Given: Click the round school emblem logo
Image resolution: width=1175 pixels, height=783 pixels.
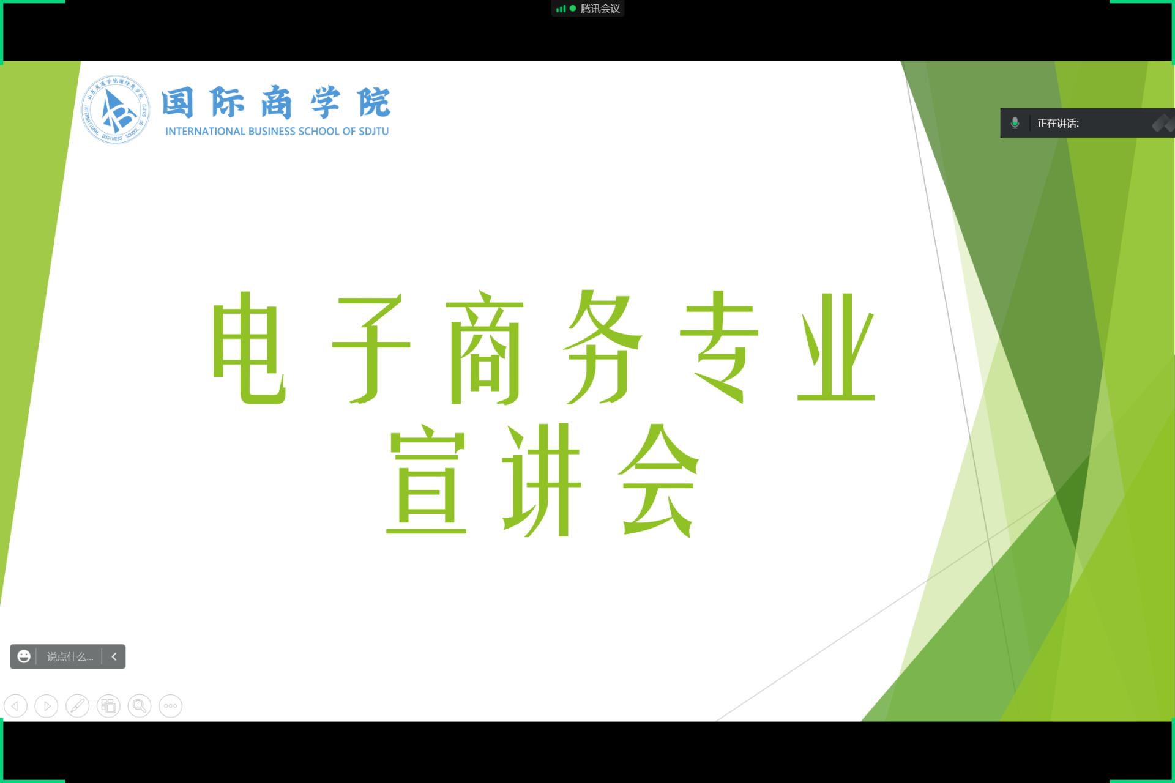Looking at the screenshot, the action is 116,109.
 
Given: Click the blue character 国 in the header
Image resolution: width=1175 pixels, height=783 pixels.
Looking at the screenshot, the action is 177,102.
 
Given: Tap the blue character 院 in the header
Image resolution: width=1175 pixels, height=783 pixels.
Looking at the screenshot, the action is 374,102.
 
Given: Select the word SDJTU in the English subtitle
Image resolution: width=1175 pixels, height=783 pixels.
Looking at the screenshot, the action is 373,132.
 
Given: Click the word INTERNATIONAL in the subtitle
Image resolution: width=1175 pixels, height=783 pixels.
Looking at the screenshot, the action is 205,132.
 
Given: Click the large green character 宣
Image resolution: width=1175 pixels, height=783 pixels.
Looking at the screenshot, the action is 427,480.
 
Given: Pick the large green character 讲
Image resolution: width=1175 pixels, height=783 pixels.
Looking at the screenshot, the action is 541,480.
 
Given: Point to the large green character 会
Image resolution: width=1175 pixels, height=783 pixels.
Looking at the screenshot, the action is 658,480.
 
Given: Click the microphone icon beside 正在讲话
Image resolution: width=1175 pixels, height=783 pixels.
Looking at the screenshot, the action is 1015,123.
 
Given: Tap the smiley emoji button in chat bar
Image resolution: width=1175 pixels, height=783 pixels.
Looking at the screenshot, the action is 24,656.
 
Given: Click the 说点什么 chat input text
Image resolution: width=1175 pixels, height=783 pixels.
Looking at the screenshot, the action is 70,657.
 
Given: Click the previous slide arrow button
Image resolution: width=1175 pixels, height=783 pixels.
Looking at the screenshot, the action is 15,706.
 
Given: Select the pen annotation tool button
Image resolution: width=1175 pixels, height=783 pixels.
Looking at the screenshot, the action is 77,706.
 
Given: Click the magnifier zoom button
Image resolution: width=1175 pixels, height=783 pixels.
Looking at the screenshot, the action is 140,706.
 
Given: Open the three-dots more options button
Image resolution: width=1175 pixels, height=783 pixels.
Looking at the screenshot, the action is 170,706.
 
